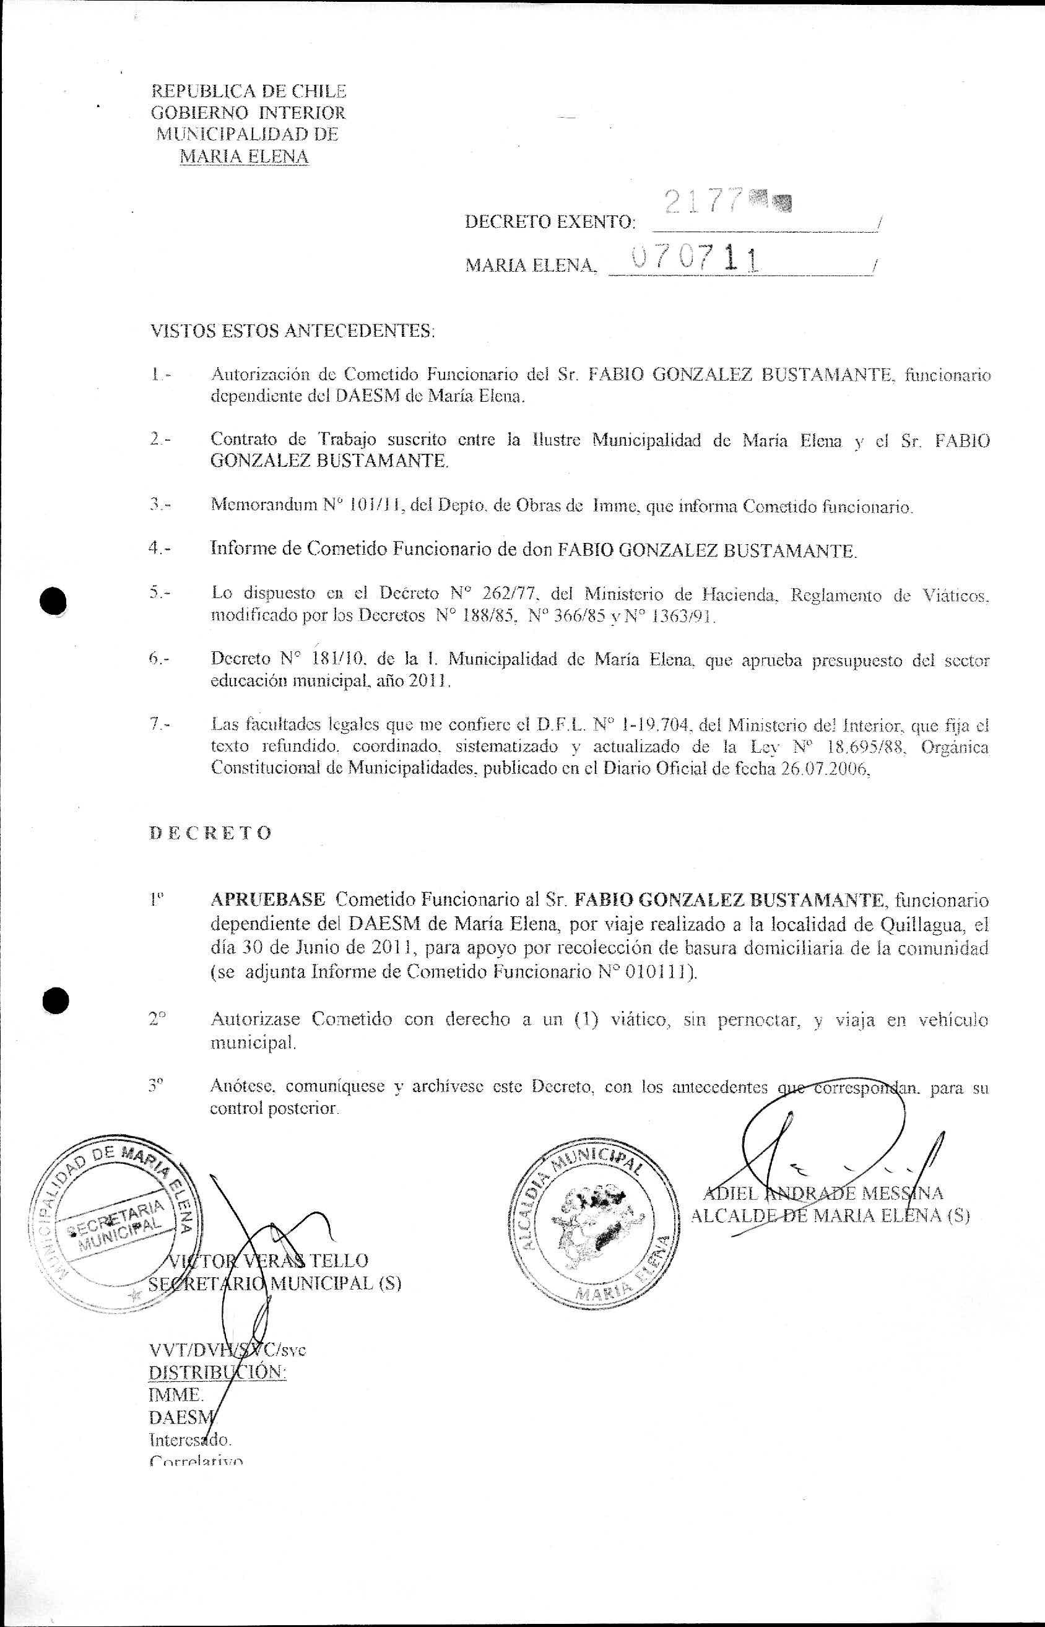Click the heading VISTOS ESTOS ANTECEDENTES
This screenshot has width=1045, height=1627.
click(x=292, y=332)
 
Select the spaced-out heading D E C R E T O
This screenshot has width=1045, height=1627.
click(x=210, y=833)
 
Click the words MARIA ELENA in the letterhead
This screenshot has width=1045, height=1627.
click(x=244, y=157)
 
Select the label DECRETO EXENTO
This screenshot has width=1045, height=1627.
click(x=550, y=222)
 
